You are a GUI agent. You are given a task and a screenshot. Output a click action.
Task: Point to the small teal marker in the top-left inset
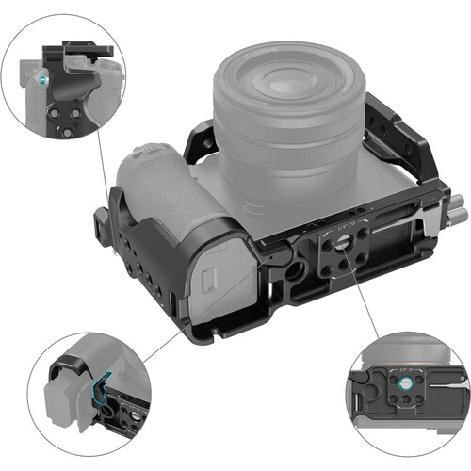pos(35,84)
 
